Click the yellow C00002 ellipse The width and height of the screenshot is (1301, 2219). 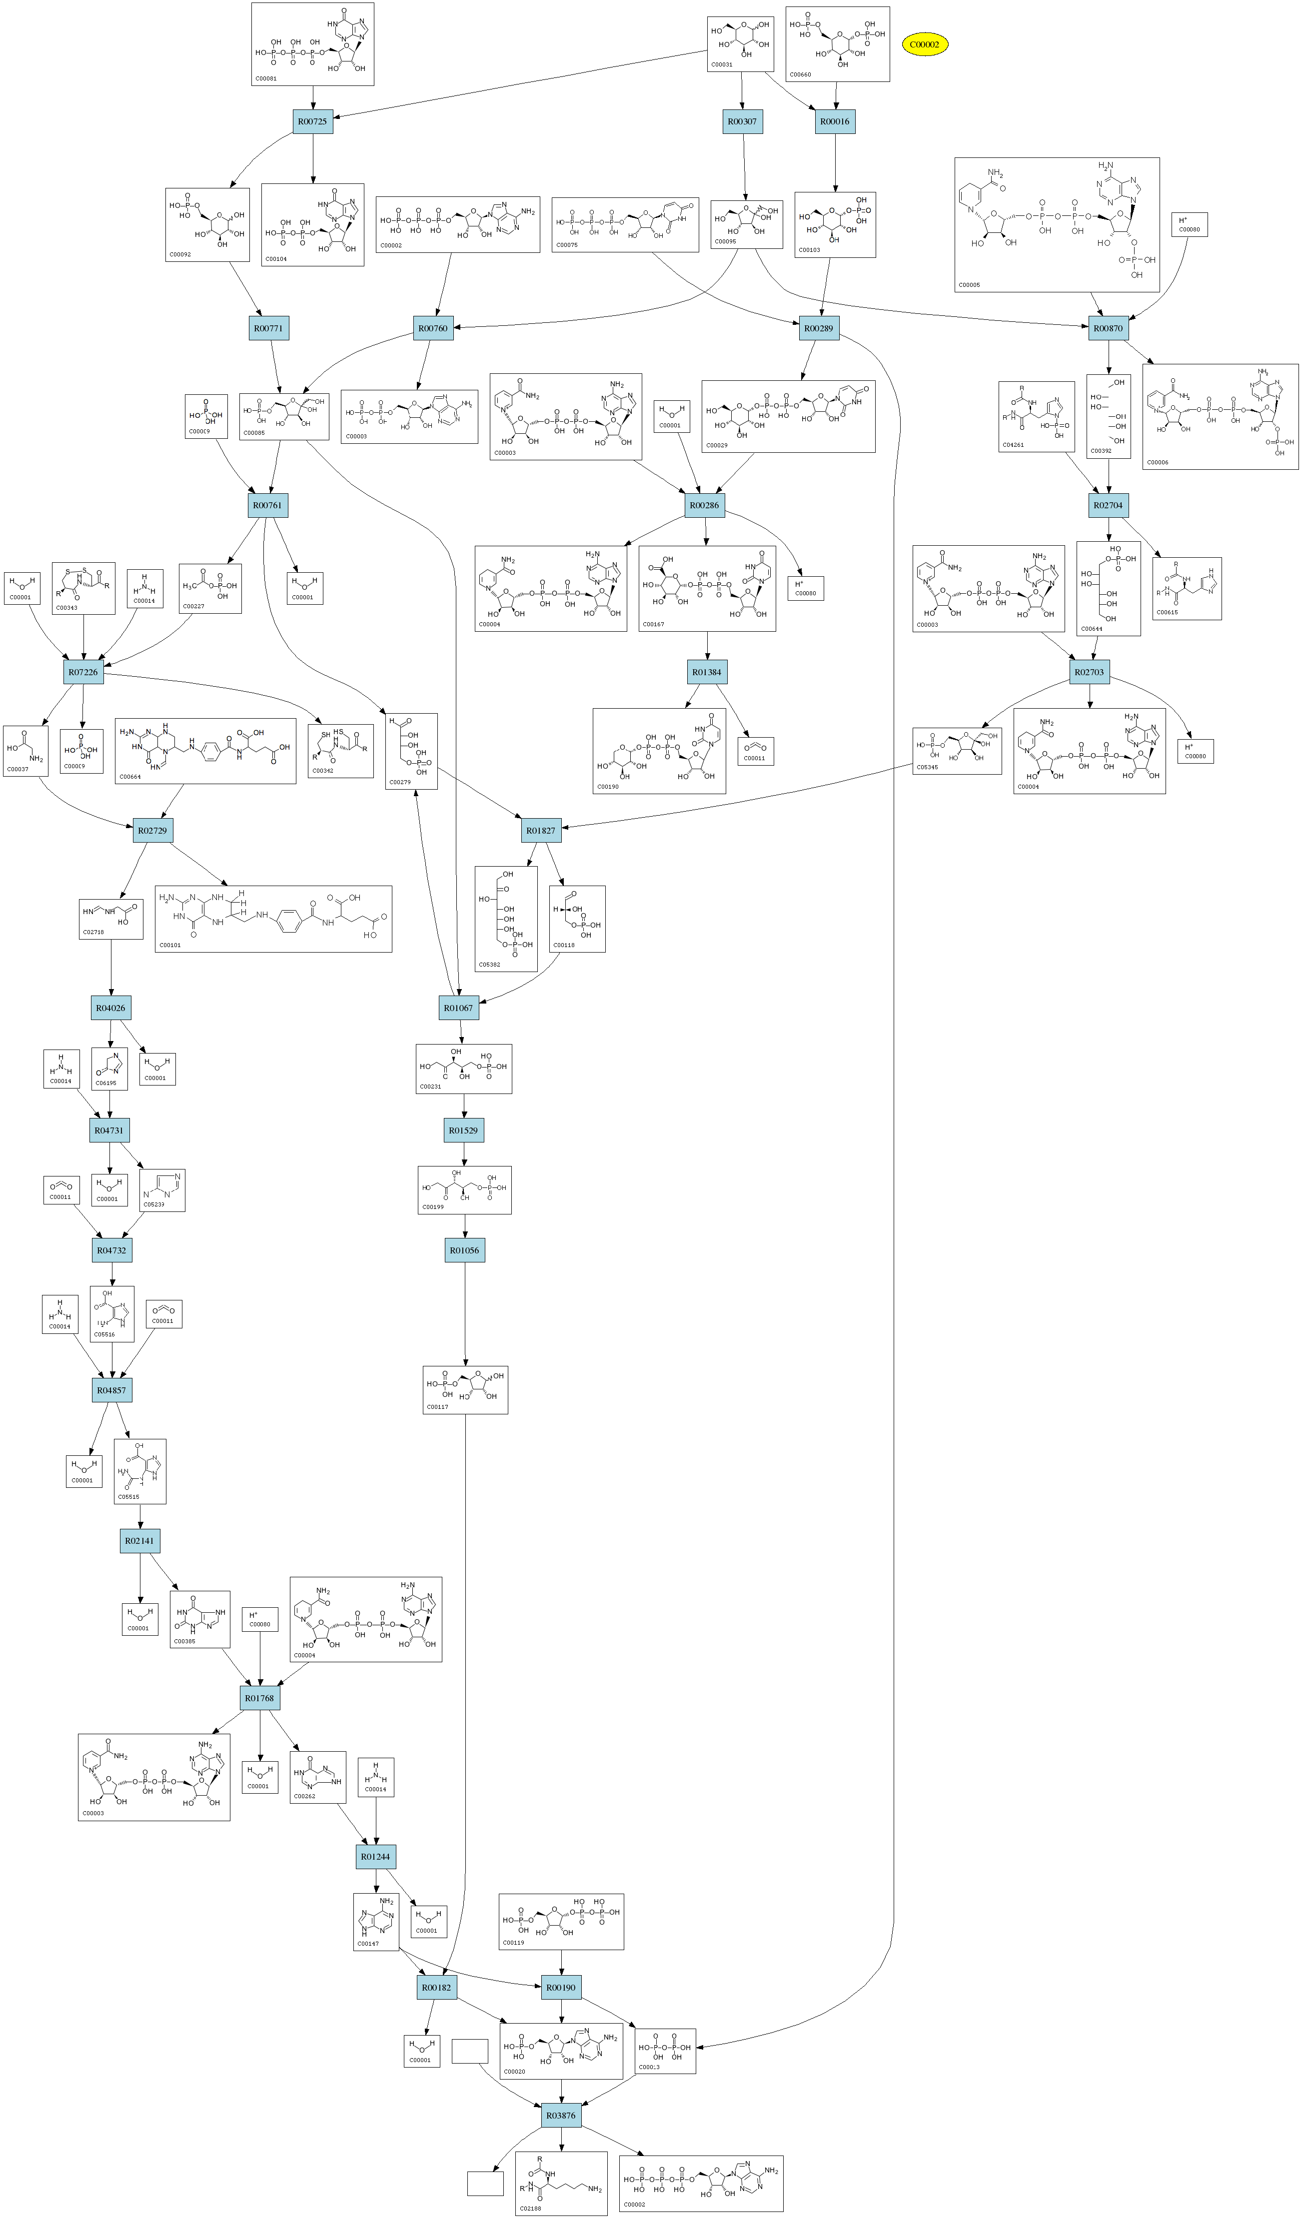(x=924, y=44)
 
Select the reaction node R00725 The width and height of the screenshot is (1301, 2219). (x=313, y=121)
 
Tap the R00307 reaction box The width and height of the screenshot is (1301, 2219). (x=743, y=121)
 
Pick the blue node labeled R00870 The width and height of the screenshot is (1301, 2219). (x=1108, y=328)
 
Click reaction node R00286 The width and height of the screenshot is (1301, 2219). (x=705, y=505)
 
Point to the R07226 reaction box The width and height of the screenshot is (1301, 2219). (x=83, y=672)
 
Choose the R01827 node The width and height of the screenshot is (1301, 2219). (x=541, y=830)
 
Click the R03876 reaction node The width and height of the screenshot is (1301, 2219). (x=561, y=2115)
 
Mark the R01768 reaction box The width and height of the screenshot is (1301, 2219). (x=260, y=1698)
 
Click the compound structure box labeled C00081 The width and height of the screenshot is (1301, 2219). (x=313, y=44)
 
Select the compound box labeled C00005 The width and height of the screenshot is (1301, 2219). (x=1057, y=224)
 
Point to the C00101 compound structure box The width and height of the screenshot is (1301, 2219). (x=273, y=919)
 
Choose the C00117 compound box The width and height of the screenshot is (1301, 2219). (x=465, y=1389)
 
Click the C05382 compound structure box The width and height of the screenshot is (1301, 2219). (x=506, y=919)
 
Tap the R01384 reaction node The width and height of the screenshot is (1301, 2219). (x=706, y=672)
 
